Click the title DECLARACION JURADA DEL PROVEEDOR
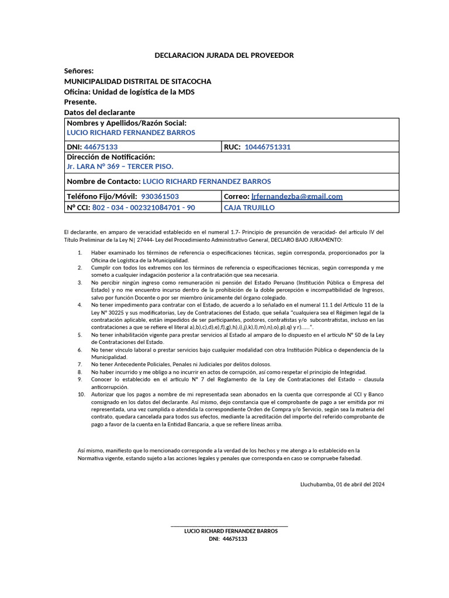point(224,55)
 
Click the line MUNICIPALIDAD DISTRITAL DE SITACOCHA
point(137,81)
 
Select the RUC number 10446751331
point(267,147)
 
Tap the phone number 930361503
point(160,196)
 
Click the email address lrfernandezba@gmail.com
point(297,196)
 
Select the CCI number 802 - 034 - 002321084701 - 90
point(144,207)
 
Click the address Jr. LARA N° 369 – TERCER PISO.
point(120,167)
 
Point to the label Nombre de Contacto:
point(103,182)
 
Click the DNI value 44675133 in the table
point(101,147)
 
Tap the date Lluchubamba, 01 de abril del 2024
point(342,484)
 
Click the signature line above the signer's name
point(229,526)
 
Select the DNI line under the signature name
point(228,539)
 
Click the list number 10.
point(81,394)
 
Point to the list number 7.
point(80,364)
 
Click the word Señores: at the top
point(78,71)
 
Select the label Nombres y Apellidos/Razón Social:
point(127,123)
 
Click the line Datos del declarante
point(99,112)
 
